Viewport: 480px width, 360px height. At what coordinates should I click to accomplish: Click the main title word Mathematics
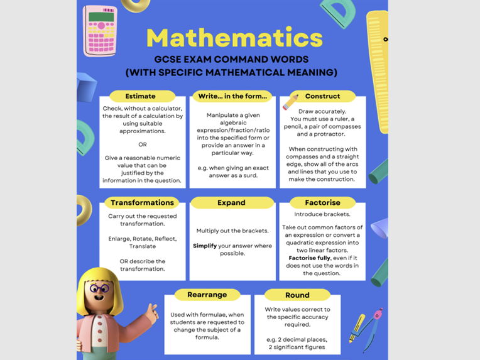[234, 38]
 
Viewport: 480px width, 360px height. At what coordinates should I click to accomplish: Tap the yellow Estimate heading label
[140, 96]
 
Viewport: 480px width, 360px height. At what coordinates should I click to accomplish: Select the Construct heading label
[322, 96]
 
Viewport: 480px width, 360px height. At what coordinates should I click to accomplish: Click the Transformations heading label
[142, 203]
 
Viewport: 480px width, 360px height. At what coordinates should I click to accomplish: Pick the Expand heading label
[232, 203]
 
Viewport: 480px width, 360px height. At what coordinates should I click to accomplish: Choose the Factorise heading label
[322, 203]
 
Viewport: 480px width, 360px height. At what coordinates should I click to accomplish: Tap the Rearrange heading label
[207, 295]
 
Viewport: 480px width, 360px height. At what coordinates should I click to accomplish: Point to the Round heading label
[297, 295]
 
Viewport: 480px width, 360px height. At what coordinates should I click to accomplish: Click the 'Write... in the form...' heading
[232, 96]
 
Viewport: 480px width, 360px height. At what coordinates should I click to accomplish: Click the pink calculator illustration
[100, 30]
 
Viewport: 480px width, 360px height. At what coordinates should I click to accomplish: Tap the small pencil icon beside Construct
[290, 101]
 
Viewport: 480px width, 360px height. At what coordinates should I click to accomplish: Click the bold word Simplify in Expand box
[205, 246]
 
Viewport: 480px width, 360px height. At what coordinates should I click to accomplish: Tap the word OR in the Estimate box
[142, 144]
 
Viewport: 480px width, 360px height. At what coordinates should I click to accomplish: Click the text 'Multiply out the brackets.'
[232, 231]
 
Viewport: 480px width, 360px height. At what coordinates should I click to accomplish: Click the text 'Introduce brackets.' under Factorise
[322, 214]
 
